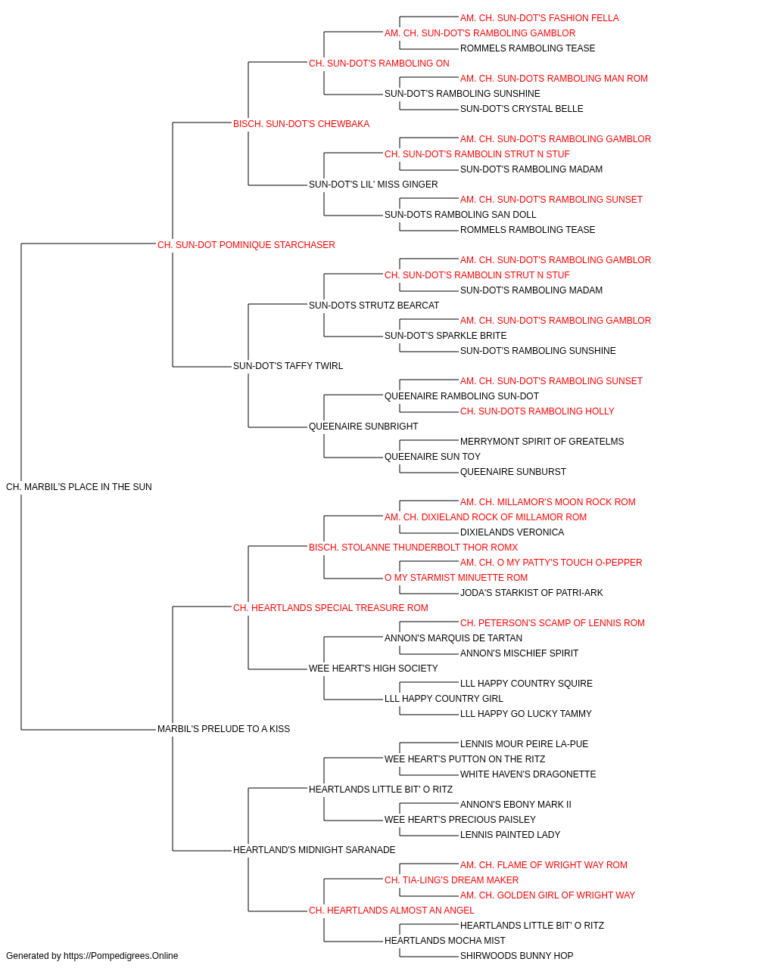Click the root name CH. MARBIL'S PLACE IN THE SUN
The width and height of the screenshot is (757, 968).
click(x=79, y=487)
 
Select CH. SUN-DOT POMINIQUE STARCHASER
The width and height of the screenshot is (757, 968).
click(x=246, y=245)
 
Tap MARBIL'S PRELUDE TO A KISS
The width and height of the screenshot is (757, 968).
click(x=223, y=729)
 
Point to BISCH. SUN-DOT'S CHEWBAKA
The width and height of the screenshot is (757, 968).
click(x=301, y=124)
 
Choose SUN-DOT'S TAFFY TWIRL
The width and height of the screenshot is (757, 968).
click(x=288, y=366)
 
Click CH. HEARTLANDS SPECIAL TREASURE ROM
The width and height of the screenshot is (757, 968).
click(x=330, y=607)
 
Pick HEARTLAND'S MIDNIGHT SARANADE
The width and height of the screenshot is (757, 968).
click(x=314, y=849)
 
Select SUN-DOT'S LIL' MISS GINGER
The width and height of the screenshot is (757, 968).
click(x=373, y=185)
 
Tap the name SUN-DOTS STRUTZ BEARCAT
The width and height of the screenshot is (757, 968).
click(x=374, y=305)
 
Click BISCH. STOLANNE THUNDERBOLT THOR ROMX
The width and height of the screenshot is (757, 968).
click(x=413, y=547)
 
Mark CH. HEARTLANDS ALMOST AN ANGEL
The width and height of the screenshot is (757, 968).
click(x=391, y=910)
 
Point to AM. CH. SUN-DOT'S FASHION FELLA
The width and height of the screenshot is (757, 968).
click(x=540, y=18)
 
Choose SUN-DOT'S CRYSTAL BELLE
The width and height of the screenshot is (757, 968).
click(x=522, y=109)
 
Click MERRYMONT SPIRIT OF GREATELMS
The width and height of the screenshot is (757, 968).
click(x=542, y=442)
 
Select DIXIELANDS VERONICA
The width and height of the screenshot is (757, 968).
click(x=512, y=532)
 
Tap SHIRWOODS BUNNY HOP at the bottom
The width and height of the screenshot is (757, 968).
click(x=517, y=956)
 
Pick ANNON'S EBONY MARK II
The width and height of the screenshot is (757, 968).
click(x=516, y=804)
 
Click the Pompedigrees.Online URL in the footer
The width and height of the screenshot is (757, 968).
click(x=121, y=956)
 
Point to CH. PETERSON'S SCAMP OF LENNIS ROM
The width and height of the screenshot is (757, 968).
click(x=553, y=622)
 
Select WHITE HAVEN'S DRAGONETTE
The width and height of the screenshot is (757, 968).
click(x=528, y=774)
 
